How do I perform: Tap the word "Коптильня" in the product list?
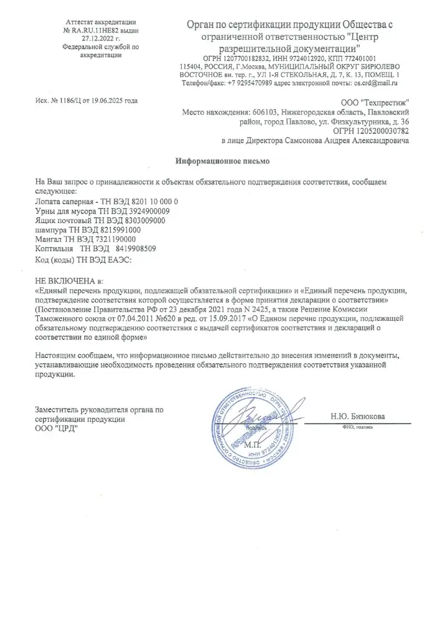tap(54, 248)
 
